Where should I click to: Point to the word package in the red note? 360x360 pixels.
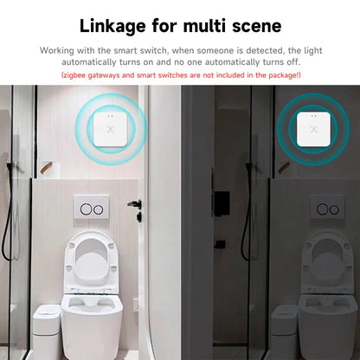point(277,76)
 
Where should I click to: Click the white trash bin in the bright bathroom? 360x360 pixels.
point(43,329)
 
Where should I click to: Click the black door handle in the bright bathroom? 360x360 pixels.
point(133,205)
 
